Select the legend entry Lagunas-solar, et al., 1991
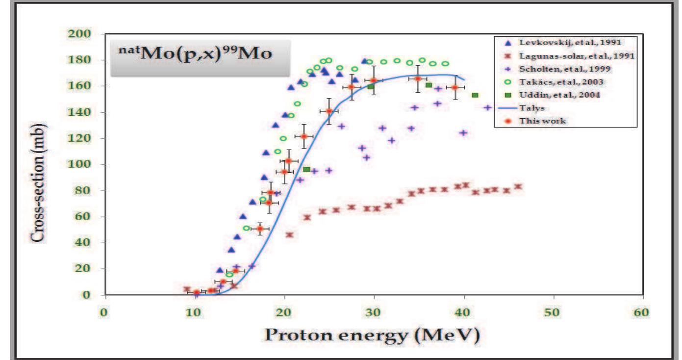click(x=564, y=56)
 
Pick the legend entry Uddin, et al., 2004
click(x=549, y=95)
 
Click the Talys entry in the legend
click(x=530, y=107)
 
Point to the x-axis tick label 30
click(x=374, y=312)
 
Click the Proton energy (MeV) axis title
click(x=373, y=335)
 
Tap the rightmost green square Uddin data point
click(x=475, y=95)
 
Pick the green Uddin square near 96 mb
click(x=306, y=169)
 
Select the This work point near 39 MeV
click(x=455, y=87)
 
